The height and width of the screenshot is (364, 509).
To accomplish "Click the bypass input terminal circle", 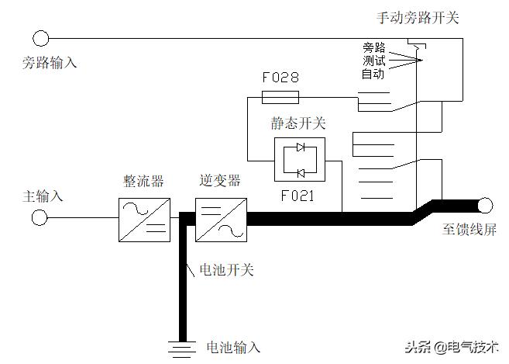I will [x=40, y=37].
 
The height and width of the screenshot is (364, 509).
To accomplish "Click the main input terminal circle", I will [x=40, y=218].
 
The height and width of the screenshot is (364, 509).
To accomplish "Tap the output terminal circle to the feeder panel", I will [x=485, y=206].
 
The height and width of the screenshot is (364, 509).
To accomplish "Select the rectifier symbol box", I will [x=143, y=218].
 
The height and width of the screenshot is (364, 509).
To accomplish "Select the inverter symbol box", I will [x=221, y=218].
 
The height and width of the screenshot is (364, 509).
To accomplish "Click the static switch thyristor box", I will [x=300, y=160].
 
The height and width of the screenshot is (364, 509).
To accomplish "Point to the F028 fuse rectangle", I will [x=280, y=97].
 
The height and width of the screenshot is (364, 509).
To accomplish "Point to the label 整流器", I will [x=143, y=181].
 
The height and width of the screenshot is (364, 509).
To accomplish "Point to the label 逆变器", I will [x=220, y=181].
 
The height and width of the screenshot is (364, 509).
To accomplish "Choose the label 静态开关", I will [x=298, y=123].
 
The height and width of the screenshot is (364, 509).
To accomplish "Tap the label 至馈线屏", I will [x=469, y=231].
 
